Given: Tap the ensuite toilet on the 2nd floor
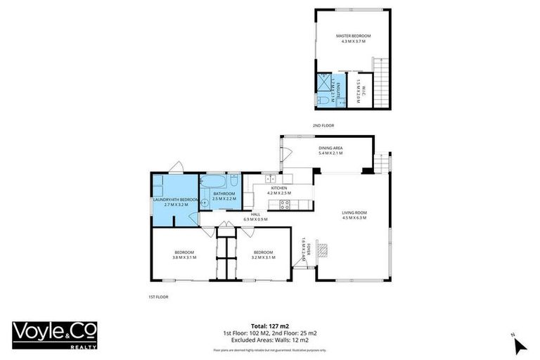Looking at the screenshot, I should pos(322,101).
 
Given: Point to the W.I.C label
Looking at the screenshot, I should pos(357,90).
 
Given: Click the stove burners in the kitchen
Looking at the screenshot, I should pos(285,205).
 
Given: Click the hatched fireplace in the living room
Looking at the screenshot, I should pos(323,250).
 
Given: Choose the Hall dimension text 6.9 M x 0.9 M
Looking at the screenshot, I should pos(251,219).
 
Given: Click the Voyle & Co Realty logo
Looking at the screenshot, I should pos(55,334).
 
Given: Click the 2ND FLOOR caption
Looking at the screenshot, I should pos(323,125).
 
